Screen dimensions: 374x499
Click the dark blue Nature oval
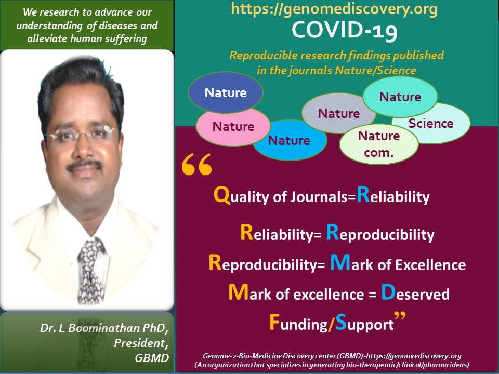(x=225, y=92)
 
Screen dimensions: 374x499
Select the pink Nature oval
(x=233, y=126)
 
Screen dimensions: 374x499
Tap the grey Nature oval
(x=338, y=113)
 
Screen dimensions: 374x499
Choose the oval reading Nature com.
(x=379, y=143)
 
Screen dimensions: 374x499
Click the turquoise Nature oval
(x=400, y=97)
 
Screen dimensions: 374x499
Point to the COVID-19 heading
(x=345, y=31)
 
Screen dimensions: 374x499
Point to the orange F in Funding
(x=275, y=322)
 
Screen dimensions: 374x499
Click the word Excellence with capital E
(x=430, y=264)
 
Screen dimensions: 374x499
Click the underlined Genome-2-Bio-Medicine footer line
(x=332, y=356)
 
